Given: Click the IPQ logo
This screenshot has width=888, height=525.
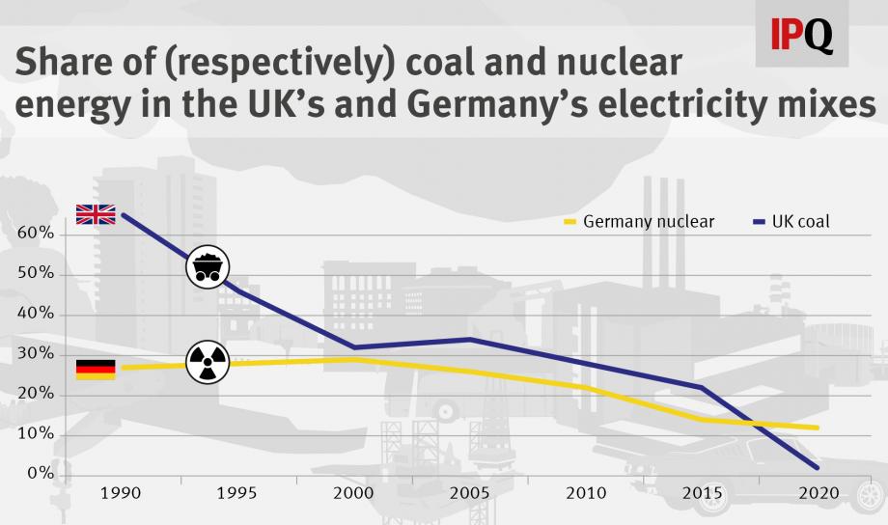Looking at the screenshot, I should coord(801,35).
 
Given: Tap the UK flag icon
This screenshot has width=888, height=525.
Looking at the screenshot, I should coord(96,214).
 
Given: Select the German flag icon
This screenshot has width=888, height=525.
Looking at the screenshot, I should coord(96,370).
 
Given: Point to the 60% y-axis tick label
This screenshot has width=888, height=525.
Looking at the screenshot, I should coord(35,234).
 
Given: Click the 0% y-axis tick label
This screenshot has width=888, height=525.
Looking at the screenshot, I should coord(39,474).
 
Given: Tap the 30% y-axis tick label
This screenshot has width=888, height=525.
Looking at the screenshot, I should coord(35,354).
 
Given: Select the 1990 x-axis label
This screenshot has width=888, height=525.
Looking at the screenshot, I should coord(122,494).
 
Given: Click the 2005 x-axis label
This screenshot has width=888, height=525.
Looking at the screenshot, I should coord(469,494).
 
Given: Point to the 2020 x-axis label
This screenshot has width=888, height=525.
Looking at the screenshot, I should coord(817,494).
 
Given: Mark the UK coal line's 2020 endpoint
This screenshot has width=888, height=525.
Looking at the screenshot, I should coord(818,468).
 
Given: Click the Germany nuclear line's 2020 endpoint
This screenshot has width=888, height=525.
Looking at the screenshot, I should coord(818,428).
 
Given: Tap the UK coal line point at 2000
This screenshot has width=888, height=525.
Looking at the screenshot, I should coord(354,347).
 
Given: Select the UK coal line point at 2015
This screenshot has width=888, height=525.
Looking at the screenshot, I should coord(702,387).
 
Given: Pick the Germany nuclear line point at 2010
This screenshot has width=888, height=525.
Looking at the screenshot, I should coord(586,387).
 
